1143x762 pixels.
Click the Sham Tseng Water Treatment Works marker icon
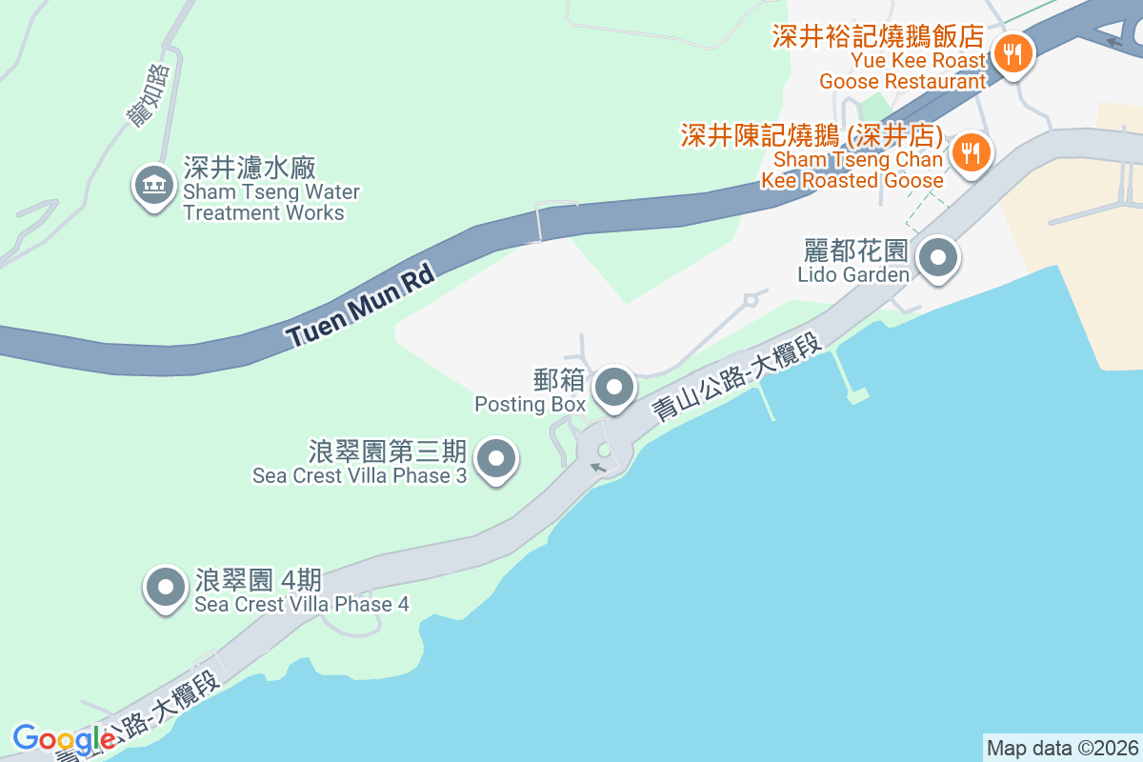tap(152, 185)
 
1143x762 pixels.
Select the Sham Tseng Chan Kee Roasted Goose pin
tap(970, 150)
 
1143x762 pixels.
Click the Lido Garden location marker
tap(938, 257)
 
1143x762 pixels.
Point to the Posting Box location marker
tap(614, 388)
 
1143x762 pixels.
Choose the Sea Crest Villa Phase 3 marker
tap(495, 460)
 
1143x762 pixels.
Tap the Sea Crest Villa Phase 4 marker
tap(166, 588)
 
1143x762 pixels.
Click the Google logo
tap(64, 739)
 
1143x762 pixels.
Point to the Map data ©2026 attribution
tap(1061, 748)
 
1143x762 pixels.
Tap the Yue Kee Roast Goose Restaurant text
tap(902, 71)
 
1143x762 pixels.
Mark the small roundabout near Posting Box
tap(603, 451)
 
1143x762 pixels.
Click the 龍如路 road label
tap(149, 95)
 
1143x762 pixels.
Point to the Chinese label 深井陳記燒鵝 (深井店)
tap(812, 135)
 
